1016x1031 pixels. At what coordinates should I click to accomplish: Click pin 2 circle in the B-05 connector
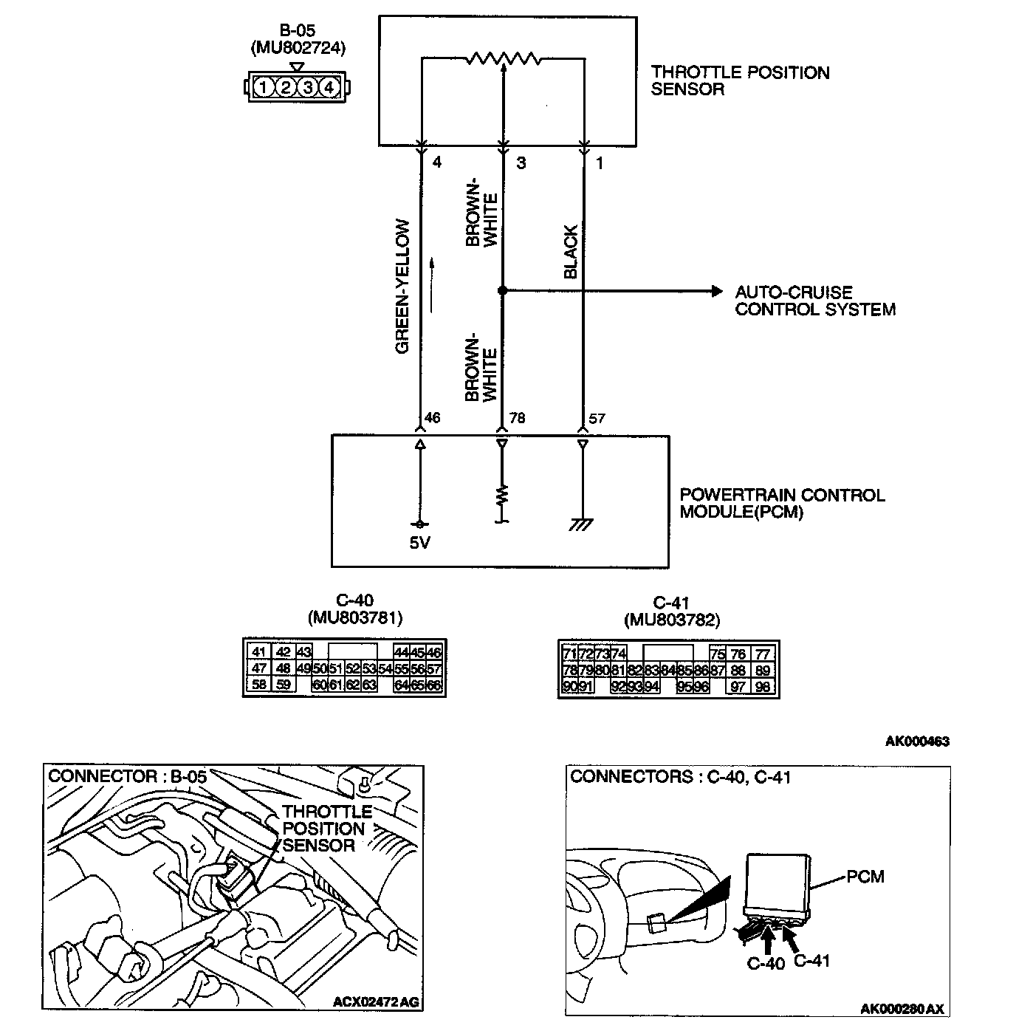(x=285, y=88)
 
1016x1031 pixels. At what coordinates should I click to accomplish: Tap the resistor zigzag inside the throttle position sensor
(x=503, y=58)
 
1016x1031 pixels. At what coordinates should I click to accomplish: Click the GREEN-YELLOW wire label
(x=402, y=286)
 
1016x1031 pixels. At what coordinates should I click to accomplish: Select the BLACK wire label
(x=571, y=252)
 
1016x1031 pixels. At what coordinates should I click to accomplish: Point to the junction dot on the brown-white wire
(x=502, y=291)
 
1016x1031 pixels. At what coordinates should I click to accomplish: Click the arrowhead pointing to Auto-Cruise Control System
(x=716, y=291)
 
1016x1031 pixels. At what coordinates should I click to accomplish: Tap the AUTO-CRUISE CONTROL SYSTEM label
(x=814, y=301)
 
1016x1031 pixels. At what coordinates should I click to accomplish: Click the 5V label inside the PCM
(x=419, y=544)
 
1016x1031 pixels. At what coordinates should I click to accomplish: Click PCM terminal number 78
(x=517, y=419)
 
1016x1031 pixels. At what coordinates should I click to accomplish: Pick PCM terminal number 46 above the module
(x=432, y=419)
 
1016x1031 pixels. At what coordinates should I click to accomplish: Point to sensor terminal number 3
(x=521, y=163)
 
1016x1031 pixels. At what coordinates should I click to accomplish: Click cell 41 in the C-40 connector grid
(x=258, y=652)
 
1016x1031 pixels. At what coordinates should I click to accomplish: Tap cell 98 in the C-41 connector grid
(x=763, y=687)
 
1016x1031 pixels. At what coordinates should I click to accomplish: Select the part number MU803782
(x=670, y=620)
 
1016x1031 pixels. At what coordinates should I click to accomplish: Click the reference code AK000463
(x=916, y=741)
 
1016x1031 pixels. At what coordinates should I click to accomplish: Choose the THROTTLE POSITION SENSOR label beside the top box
(x=740, y=81)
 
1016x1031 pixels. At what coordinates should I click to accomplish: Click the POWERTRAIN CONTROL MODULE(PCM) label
(x=781, y=503)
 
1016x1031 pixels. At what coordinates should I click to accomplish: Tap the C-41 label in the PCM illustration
(x=812, y=961)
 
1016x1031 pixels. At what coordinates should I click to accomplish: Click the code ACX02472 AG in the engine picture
(x=376, y=1002)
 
